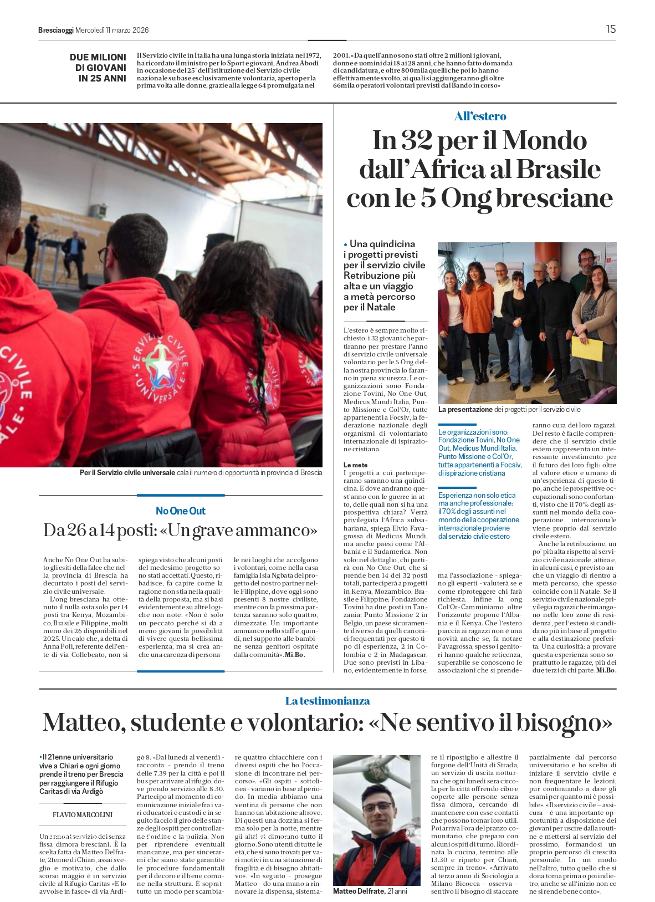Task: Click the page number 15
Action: (x=610, y=29)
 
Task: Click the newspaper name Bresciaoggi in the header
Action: (x=55, y=30)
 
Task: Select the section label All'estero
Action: (x=480, y=116)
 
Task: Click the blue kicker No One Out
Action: (x=181, y=511)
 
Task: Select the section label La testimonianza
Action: (x=327, y=701)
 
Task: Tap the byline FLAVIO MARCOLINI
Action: (x=82, y=814)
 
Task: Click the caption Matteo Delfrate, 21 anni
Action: (x=370, y=891)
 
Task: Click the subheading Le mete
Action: (x=355, y=465)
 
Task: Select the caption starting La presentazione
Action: (x=509, y=409)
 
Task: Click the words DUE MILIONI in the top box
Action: (x=98, y=57)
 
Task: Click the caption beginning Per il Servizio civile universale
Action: (x=201, y=472)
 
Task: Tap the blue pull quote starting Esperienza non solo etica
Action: (x=478, y=516)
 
